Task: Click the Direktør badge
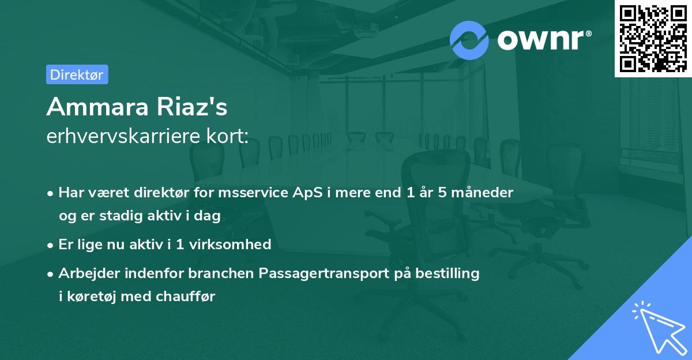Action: tap(77, 74)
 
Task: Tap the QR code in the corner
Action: tap(652, 38)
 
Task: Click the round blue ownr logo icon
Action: tap(469, 40)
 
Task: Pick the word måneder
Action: tap(484, 193)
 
